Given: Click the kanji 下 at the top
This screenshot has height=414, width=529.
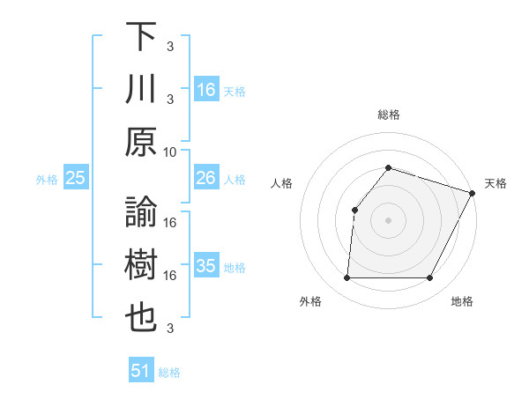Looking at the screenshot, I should pyautogui.click(x=142, y=38).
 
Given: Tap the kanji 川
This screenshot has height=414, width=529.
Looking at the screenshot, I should pyautogui.click(x=142, y=90).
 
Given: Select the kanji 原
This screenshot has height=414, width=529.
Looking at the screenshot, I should pyautogui.click(x=142, y=142).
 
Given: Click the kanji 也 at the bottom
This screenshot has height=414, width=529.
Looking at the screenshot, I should pyautogui.click(x=142, y=318).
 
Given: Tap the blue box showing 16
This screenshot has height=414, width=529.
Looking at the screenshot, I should pyautogui.click(x=205, y=90).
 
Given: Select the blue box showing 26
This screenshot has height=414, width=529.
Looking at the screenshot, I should pyautogui.click(x=205, y=178).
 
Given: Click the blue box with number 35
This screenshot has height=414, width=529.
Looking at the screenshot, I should pyautogui.click(x=205, y=266).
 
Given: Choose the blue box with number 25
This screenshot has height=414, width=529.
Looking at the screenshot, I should pyautogui.click(x=76, y=178).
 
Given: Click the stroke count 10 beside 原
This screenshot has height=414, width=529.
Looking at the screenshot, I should pyautogui.click(x=170, y=152).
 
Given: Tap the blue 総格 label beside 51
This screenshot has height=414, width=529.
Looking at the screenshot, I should pyautogui.click(x=169, y=373).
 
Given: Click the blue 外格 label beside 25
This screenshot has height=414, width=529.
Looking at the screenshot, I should pyautogui.click(x=47, y=179).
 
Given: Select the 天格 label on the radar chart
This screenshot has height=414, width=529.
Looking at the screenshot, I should pyautogui.click(x=495, y=183).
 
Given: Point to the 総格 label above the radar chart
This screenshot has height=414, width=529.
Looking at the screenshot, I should pyautogui.click(x=388, y=115).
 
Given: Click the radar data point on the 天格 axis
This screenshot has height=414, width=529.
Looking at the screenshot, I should pyautogui.click(x=472, y=192).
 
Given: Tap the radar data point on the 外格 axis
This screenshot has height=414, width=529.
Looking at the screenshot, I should pyautogui.click(x=346, y=278).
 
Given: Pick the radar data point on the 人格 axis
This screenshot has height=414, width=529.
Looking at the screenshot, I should pyautogui.click(x=354, y=210).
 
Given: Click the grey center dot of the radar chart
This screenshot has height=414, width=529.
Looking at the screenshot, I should pyautogui.click(x=388, y=220).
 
